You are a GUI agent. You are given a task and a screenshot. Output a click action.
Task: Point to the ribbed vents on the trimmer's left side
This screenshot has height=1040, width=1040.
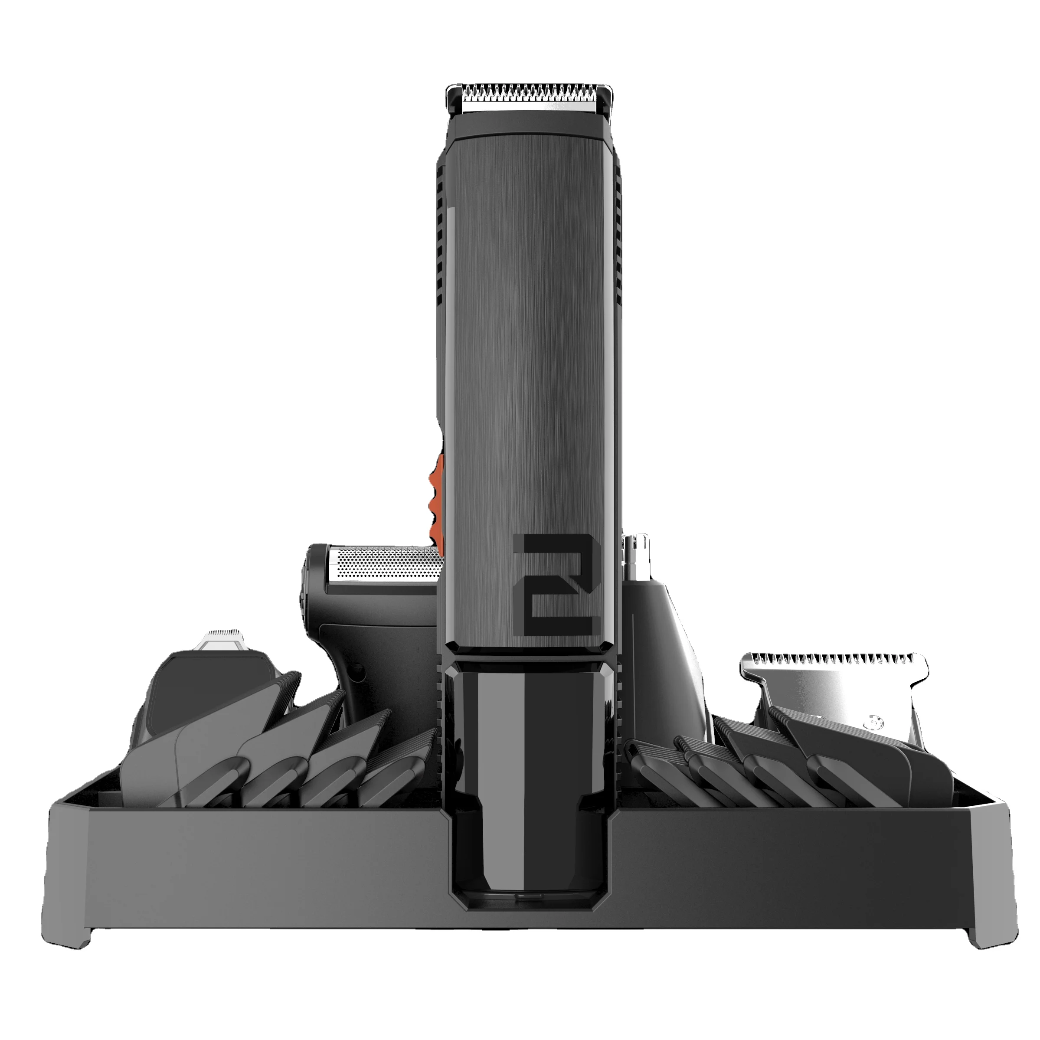click(x=440, y=237)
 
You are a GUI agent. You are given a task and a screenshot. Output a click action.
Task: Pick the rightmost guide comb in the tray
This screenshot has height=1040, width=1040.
click(x=915, y=775)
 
